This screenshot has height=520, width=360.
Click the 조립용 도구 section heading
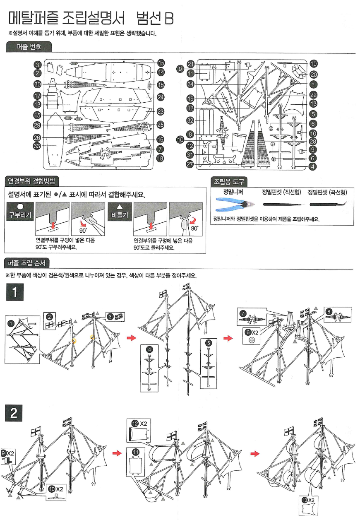click(229, 181)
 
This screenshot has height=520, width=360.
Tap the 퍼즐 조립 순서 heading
click(27, 263)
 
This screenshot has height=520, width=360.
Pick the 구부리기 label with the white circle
click(19, 212)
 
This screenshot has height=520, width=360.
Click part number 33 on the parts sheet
click(37, 146)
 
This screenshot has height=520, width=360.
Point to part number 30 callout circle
click(37, 84)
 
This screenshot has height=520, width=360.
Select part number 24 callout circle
click(161, 98)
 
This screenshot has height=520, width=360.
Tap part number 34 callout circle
click(190, 84)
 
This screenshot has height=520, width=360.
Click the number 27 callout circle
click(190, 164)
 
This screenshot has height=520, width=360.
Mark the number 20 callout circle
click(313, 75)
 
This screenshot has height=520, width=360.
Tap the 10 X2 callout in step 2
click(55, 491)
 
